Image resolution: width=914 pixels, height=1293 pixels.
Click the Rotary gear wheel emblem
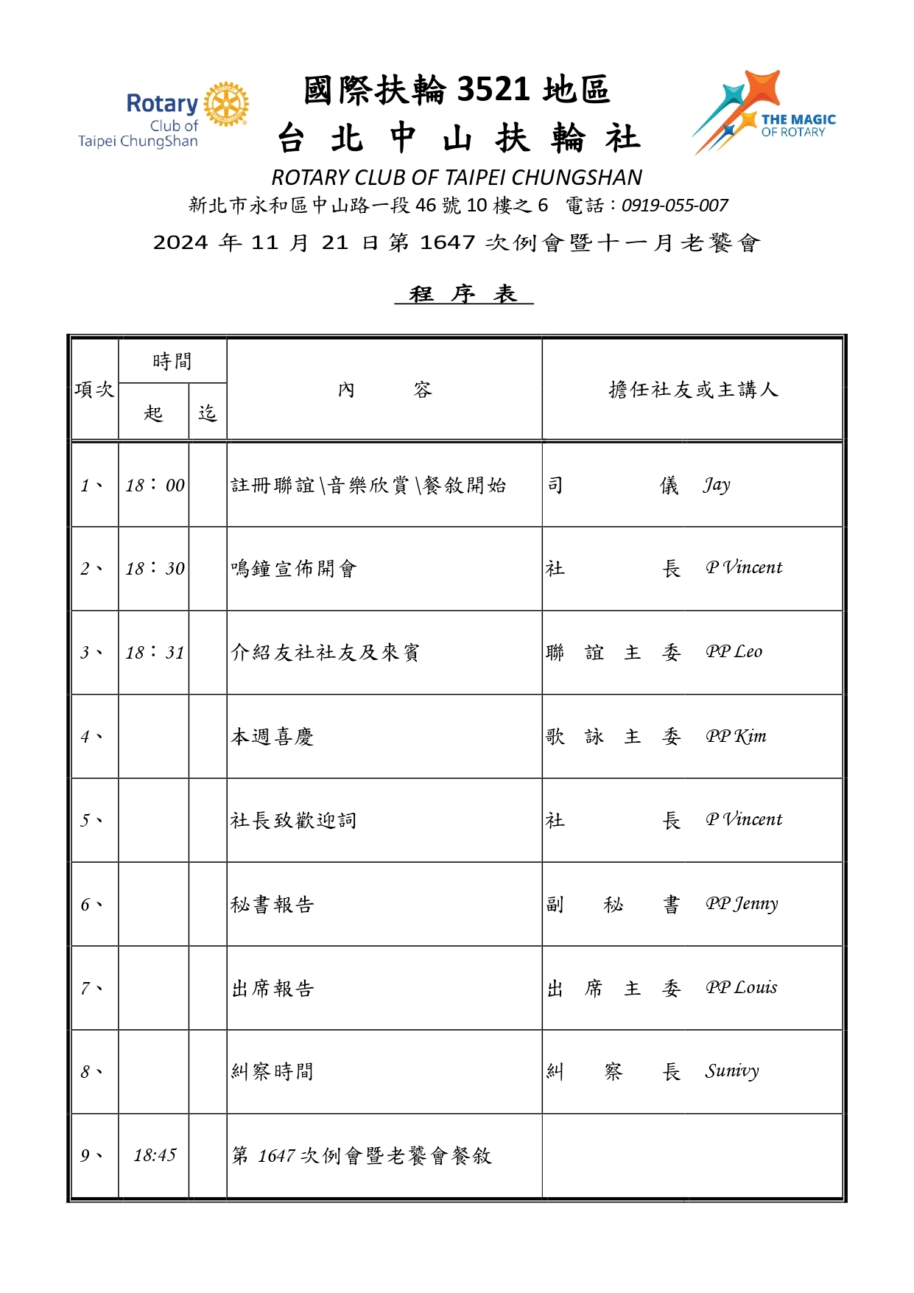[x=226, y=104]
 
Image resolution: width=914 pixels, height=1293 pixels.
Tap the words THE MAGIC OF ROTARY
[x=798, y=125]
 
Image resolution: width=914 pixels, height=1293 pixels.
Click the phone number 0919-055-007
[x=675, y=206]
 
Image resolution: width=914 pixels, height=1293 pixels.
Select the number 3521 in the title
[x=493, y=90]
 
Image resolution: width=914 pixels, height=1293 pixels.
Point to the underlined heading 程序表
[x=463, y=294]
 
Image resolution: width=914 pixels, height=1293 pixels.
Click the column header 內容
[x=384, y=389]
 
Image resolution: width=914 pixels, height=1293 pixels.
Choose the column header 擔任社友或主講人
[x=692, y=389]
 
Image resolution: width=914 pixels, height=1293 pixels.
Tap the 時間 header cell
[x=172, y=361]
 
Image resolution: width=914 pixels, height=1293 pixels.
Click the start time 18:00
[x=155, y=485]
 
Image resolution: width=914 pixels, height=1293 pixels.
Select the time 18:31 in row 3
[x=155, y=652]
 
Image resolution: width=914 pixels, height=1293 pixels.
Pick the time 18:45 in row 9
[x=155, y=1154]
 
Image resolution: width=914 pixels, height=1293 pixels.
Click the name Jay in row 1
[x=716, y=485]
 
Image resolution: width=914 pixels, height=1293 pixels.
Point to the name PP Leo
[x=734, y=652]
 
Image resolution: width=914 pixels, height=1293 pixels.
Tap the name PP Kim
[x=736, y=736]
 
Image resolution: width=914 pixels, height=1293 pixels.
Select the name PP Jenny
[x=741, y=903]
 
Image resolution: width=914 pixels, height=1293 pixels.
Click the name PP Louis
[x=741, y=987]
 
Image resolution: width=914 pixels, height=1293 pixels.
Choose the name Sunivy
[x=731, y=1071]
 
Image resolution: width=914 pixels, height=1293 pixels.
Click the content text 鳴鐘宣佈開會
[x=294, y=569]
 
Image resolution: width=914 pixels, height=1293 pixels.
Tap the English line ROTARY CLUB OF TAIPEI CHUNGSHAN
[x=457, y=178]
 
